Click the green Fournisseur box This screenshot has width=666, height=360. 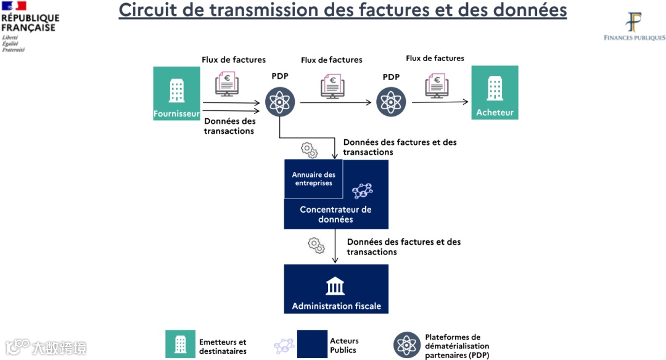[176, 93]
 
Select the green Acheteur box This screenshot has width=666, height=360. [495, 92]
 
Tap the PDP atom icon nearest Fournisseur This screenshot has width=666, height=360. [280, 102]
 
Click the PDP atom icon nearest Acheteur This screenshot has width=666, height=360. [391, 102]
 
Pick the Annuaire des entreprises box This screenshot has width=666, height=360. [313, 179]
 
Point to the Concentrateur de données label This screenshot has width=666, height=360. [335, 215]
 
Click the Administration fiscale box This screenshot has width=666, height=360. [336, 289]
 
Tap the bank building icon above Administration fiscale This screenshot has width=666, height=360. [335, 286]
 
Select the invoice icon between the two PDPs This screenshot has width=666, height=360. [332, 86]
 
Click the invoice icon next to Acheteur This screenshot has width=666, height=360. [437, 84]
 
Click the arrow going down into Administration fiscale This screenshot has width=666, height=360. [335, 247]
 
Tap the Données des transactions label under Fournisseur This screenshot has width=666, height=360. [229, 126]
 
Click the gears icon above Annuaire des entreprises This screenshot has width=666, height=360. [309, 149]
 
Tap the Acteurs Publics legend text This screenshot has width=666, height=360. [344, 345]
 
